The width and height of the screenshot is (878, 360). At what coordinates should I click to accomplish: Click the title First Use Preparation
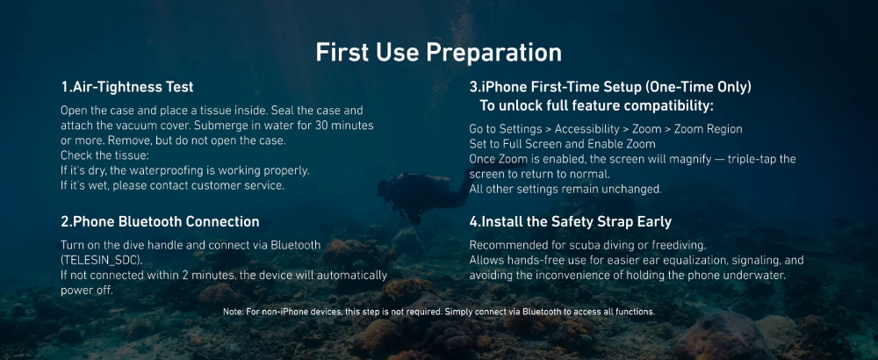(x=438, y=53)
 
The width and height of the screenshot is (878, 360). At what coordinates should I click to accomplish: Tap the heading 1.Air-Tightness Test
(x=127, y=87)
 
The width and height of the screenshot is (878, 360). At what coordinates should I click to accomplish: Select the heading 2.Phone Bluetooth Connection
(x=160, y=222)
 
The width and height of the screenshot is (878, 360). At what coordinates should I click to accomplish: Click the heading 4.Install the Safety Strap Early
(x=570, y=222)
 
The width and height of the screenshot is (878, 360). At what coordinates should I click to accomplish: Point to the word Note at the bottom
(x=232, y=312)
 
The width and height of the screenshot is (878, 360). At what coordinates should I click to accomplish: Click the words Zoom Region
(x=709, y=129)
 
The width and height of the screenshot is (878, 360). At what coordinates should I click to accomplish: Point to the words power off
(x=87, y=291)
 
